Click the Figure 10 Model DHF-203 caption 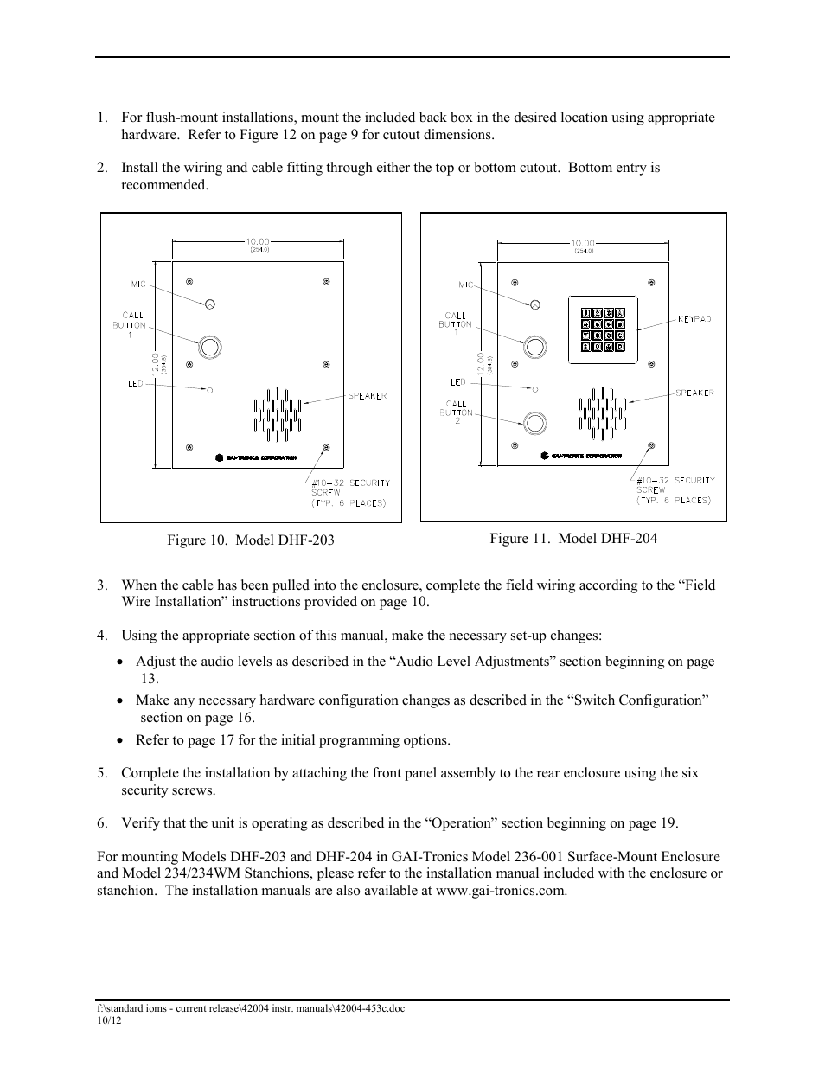coord(251,540)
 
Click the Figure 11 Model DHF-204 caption coord(573,539)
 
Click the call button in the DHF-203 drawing coord(209,347)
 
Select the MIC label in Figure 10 coord(137,283)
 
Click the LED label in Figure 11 coord(457,381)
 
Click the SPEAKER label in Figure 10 coord(367,396)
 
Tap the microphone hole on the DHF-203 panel coord(209,304)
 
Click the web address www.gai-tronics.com coord(501,890)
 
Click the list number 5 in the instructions coord(102,773)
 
